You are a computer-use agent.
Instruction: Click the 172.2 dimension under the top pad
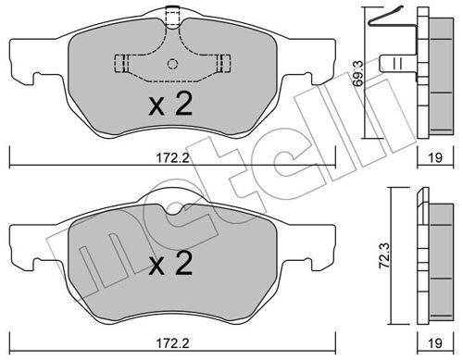[172, 158]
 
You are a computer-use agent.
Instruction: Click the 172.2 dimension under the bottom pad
[172, 343]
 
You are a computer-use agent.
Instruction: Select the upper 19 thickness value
[435, 158]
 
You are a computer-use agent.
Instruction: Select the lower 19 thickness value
[435, 343]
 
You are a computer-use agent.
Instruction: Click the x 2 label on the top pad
[170, 105]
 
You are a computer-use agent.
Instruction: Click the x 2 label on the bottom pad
[170, 263]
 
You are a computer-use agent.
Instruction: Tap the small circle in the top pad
[172, 64]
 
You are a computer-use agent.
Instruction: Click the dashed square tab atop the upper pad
[172, 17]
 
